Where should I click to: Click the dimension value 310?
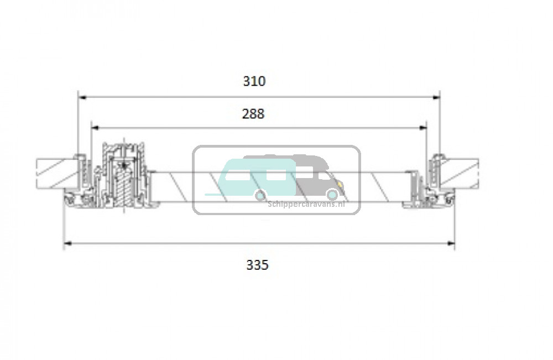coord(254,81)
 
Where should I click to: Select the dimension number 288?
coord(253,114)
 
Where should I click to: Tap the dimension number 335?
coord(257,264)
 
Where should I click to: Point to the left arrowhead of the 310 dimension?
coord(82,97)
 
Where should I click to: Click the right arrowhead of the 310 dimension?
coord(436,97)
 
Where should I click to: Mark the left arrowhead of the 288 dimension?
coord(96,128)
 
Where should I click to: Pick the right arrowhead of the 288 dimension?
coord(422,128)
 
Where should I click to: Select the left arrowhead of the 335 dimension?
coord(67,243)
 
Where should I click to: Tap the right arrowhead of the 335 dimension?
coord(450,243)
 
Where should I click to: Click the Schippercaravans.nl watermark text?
coord(306,204)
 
